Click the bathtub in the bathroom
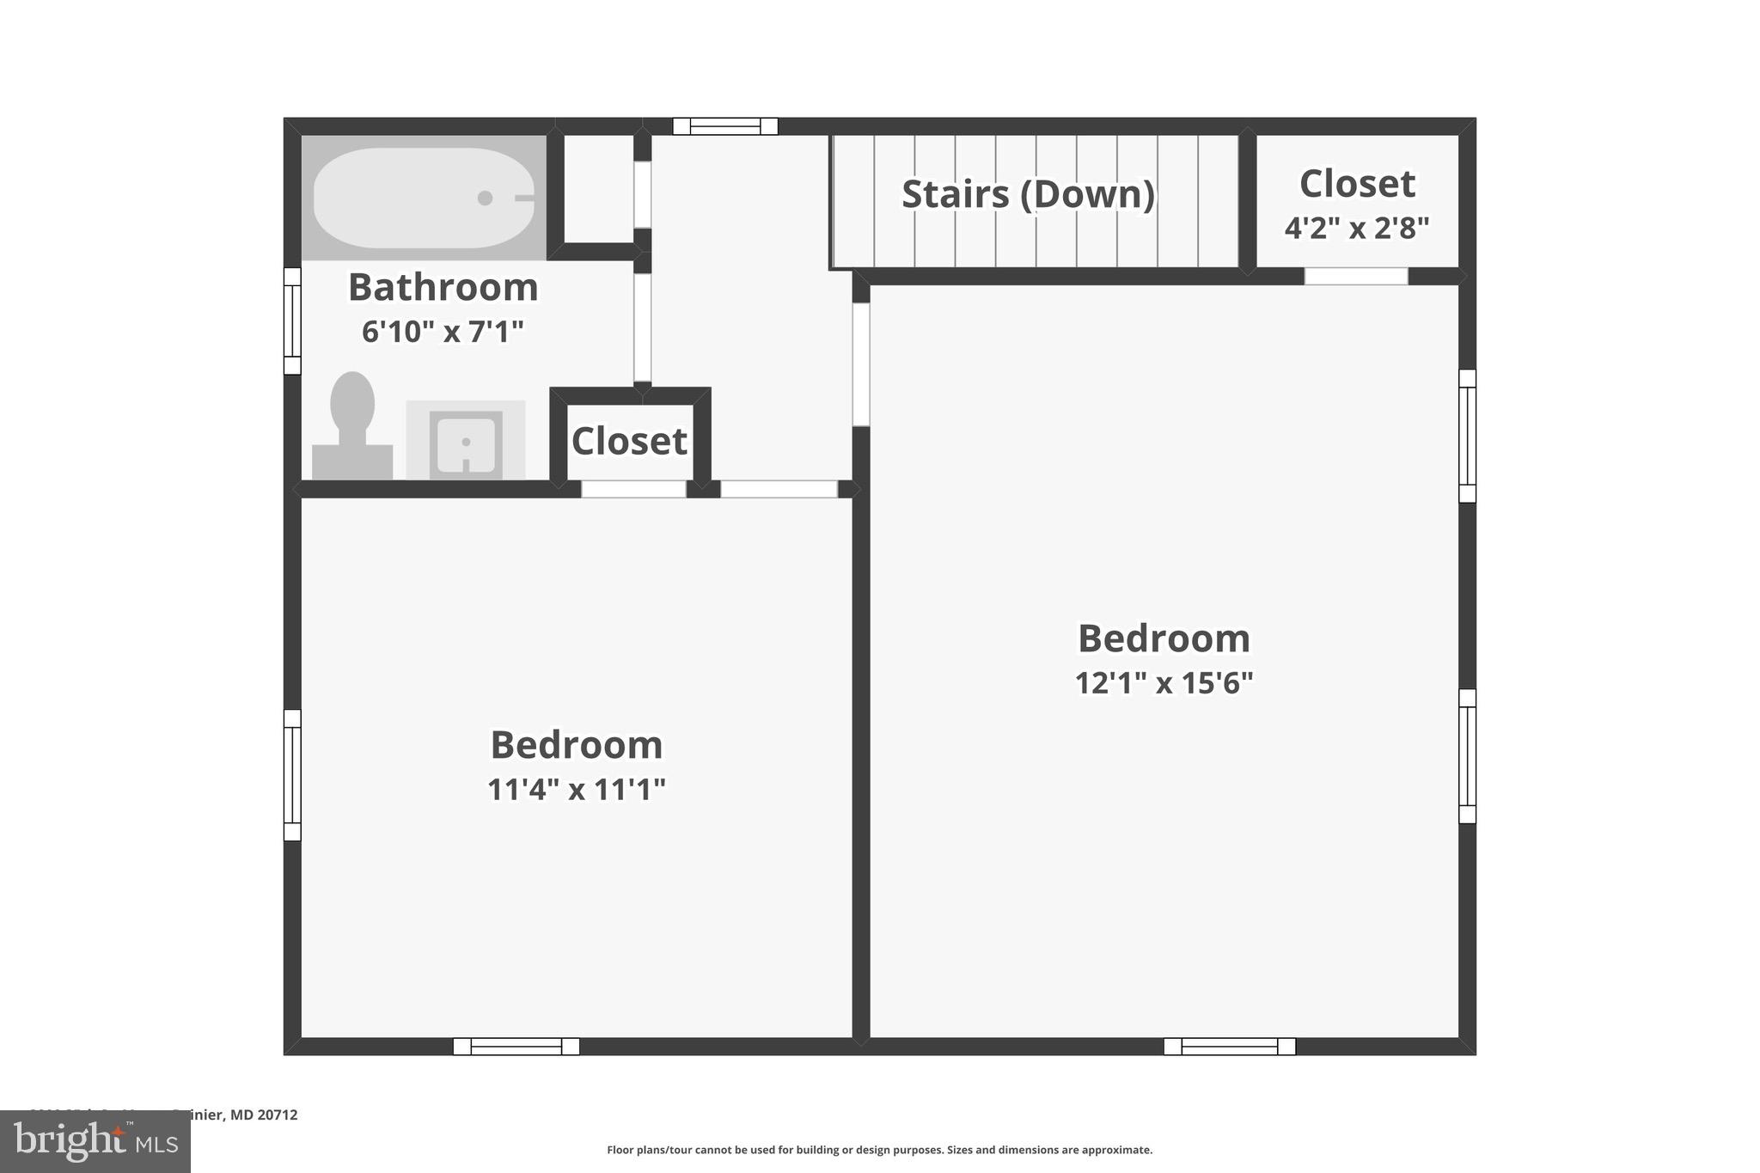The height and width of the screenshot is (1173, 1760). (x=423, y=198)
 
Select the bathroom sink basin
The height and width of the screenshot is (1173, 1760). (x=466, y=443)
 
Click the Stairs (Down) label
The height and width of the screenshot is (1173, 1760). (x=1028, y=194)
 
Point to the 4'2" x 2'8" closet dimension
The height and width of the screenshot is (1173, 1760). (x=1356, y=229)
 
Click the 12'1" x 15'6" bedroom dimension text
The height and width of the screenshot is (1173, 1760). (x=1164, y=683)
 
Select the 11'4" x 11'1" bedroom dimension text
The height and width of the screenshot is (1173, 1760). (x=576, y=789)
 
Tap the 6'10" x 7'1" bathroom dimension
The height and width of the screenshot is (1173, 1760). (x=443, y=331)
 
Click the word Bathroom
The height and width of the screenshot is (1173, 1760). (x=443, y=287)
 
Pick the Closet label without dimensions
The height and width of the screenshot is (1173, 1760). (x=629, y=442)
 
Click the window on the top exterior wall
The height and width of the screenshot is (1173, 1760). (x=725, y=126)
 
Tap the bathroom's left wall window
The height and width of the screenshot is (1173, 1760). (x=292, y=321)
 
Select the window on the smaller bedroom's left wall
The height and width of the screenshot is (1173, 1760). (x=292, y=775)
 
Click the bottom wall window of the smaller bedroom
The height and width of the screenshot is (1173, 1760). (x=516, y=1047)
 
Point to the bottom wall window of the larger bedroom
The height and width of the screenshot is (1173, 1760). (x=1229, y=1047)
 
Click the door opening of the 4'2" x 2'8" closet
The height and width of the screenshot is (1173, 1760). (x=1355, y=276)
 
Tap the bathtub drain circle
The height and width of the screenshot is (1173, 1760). (x=485, y=198)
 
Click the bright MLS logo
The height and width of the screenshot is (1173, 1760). (x=95, y=1141)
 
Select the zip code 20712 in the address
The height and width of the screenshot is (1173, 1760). (x=278, y=1115)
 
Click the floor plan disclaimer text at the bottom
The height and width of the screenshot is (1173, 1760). (x=879, y=1150)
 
